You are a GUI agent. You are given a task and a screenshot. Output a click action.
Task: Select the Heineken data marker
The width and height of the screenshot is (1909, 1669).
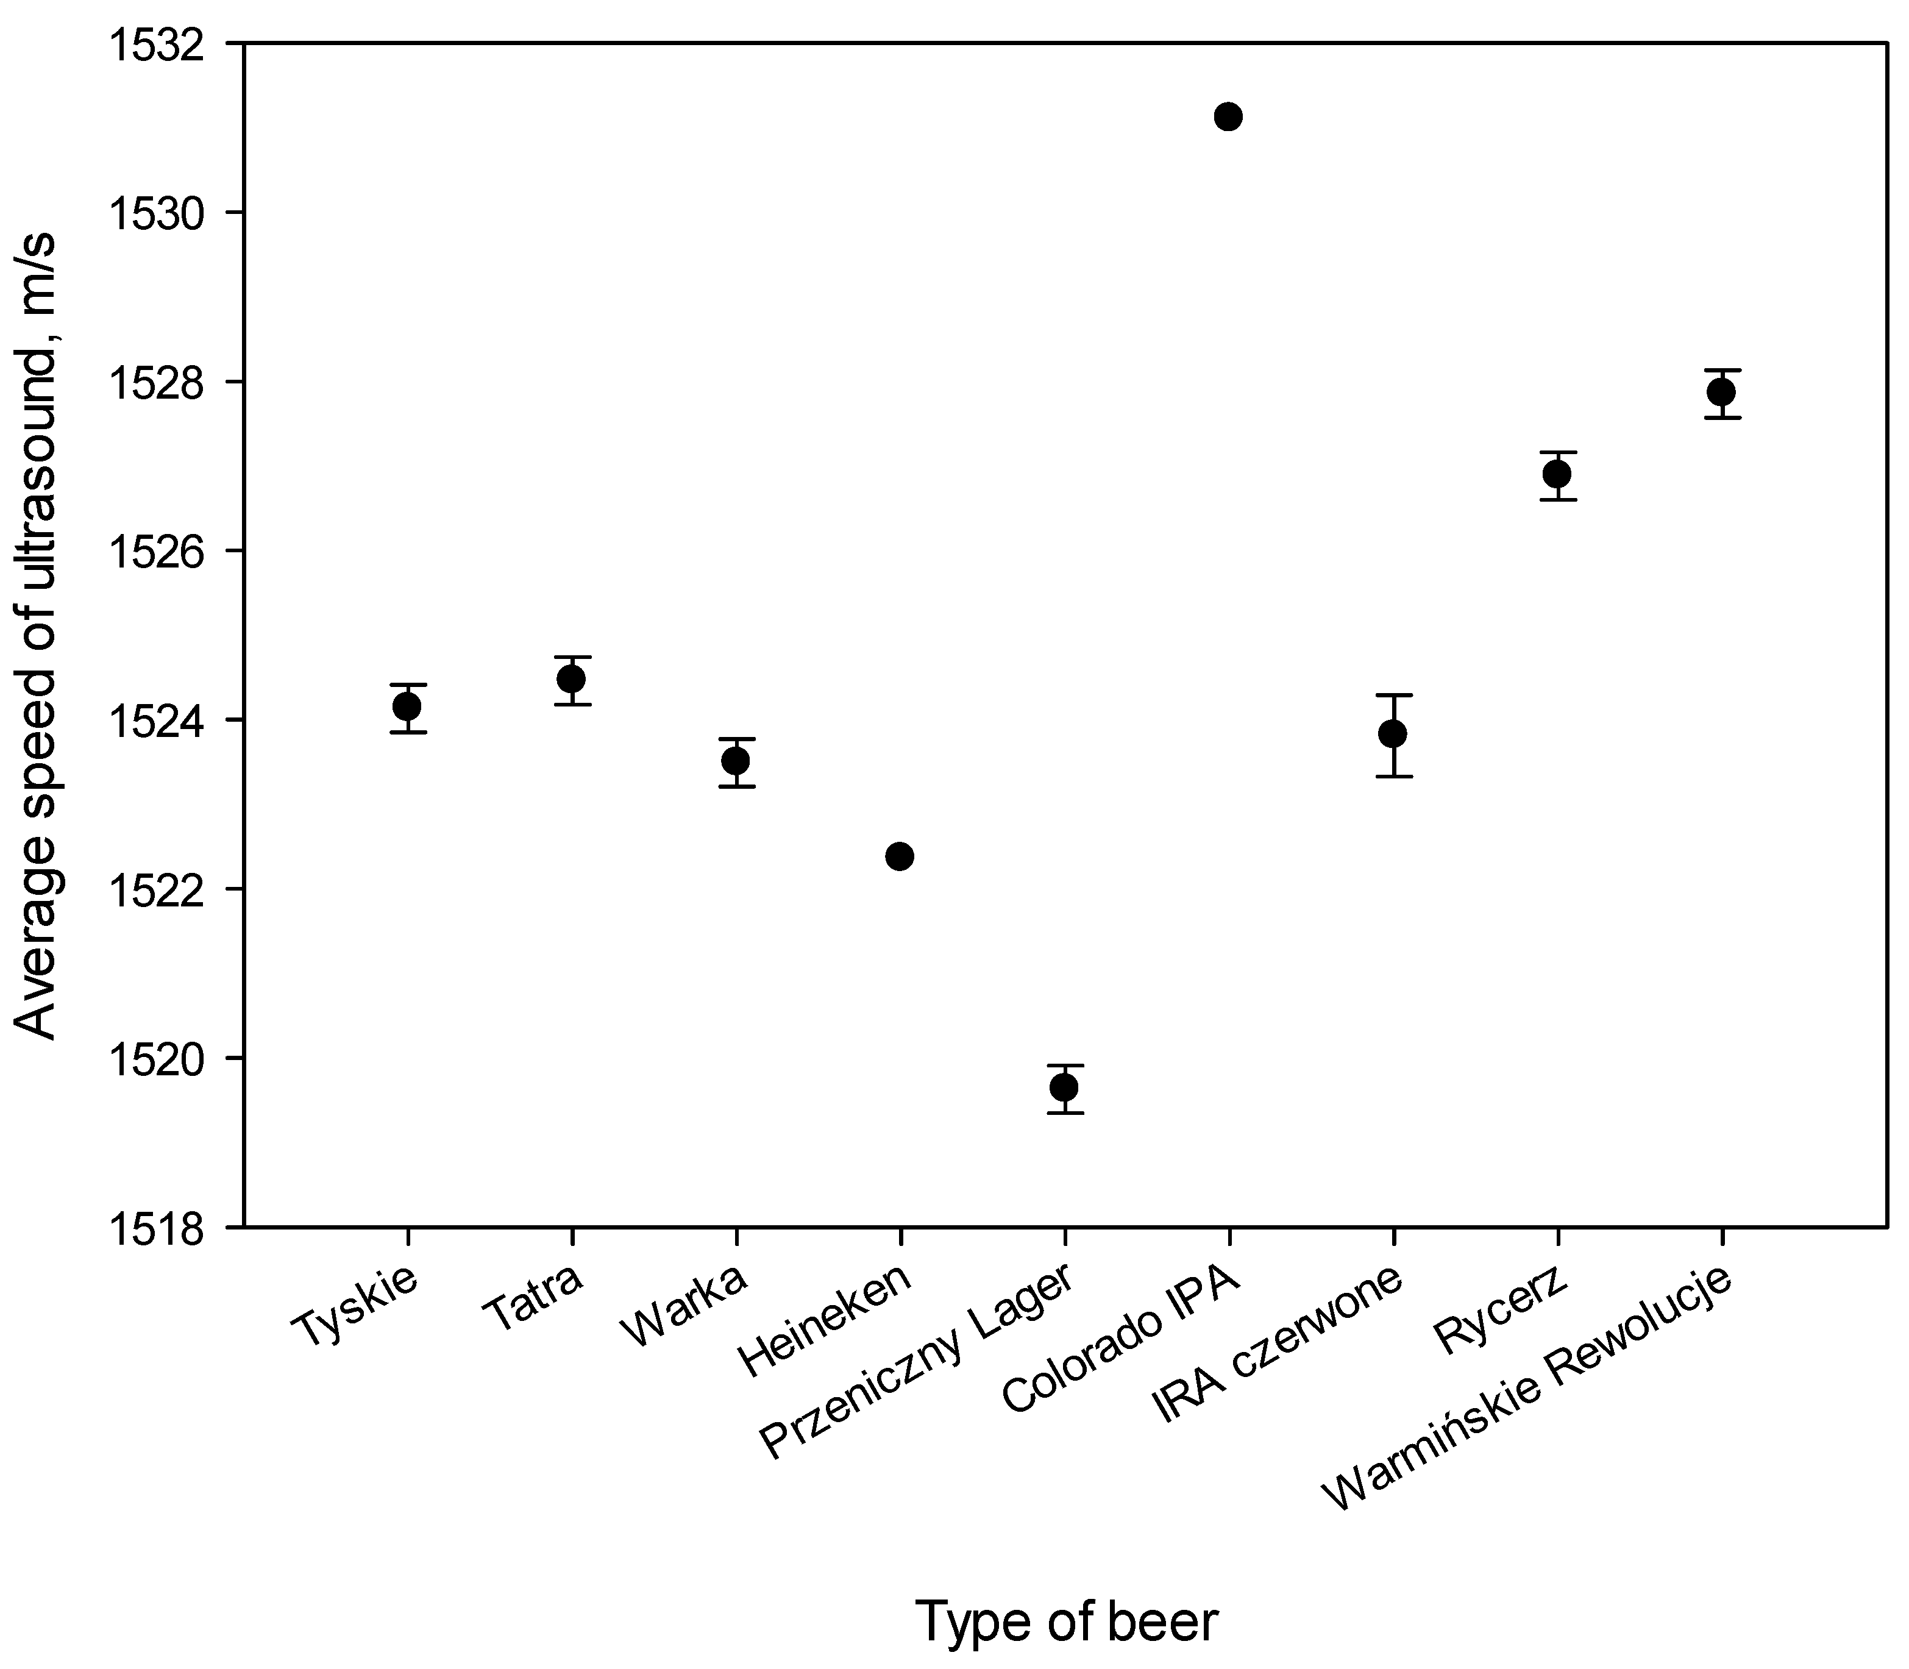[x=900, y=856]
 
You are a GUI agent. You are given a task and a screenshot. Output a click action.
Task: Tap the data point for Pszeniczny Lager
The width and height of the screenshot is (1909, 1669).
[x=1064, y=1087]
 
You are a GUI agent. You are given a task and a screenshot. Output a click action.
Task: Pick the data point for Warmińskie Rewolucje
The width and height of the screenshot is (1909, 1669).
[x=1721, y=392]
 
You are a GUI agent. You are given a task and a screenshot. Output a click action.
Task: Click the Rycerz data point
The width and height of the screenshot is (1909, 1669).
[x=1557, y=474]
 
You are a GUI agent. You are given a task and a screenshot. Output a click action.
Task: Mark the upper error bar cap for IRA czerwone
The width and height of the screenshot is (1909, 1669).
[x=1393, y=695]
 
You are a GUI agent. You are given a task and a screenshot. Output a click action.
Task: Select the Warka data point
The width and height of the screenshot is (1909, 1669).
[x=736, y=761]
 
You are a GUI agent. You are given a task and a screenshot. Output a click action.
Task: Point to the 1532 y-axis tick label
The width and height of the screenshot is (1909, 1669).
[x=153, y=44]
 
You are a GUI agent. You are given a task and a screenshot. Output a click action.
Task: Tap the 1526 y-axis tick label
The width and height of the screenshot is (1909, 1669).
[x=153, y=552]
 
